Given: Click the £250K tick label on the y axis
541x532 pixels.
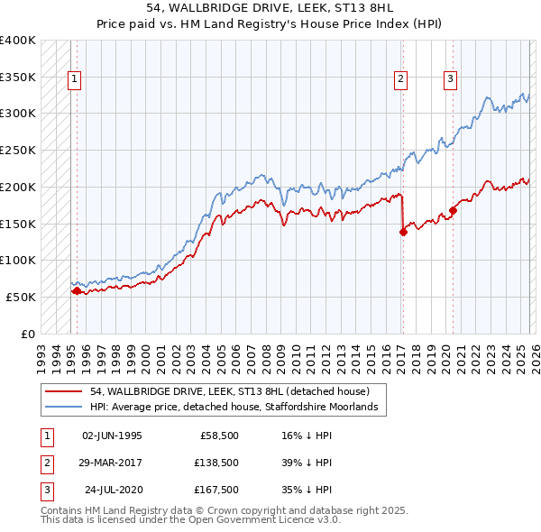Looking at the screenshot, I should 18,150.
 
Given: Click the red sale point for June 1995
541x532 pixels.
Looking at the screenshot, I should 77,290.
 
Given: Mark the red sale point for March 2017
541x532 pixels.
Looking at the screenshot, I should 403,232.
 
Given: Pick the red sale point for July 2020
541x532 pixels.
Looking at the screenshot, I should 453,210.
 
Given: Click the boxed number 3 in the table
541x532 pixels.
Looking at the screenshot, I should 45,491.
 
